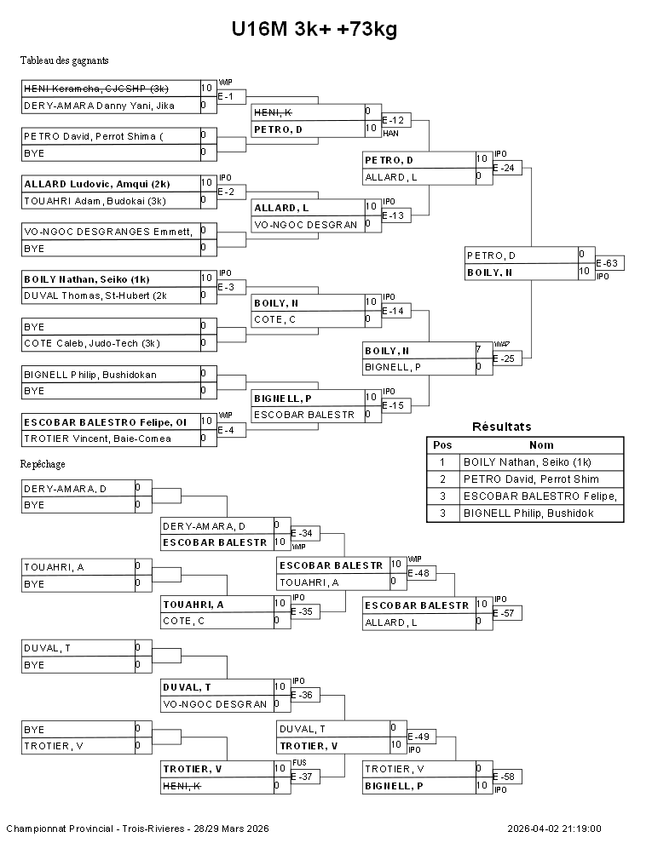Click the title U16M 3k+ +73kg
point(314,30)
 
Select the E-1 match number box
point(231,96)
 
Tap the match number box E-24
point(506,168)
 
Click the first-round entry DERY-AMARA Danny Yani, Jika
point(99,106)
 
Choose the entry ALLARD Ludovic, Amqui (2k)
point(96,184)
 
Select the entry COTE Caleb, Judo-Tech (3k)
point(91,343)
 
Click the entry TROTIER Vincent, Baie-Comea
point(97,439)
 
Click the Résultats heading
point(501,427)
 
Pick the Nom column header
point(541,444)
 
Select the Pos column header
point(442,444)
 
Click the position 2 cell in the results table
point(442,479)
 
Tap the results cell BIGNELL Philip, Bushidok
point(528,513)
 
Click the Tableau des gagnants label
point(64,60)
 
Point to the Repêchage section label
point(43,464)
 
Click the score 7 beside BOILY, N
point(479,350)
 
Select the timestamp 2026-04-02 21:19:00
point(554,829)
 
